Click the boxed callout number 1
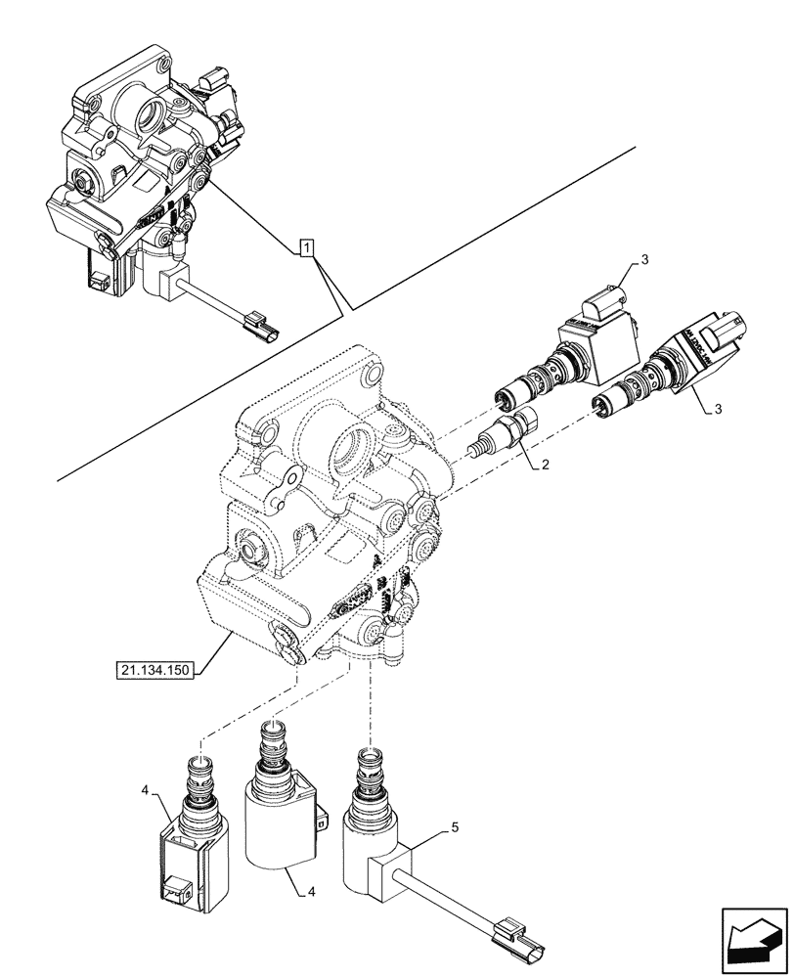tap(307, 247)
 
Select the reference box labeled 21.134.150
tap(155, 670)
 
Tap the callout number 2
tap(546, 467)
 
